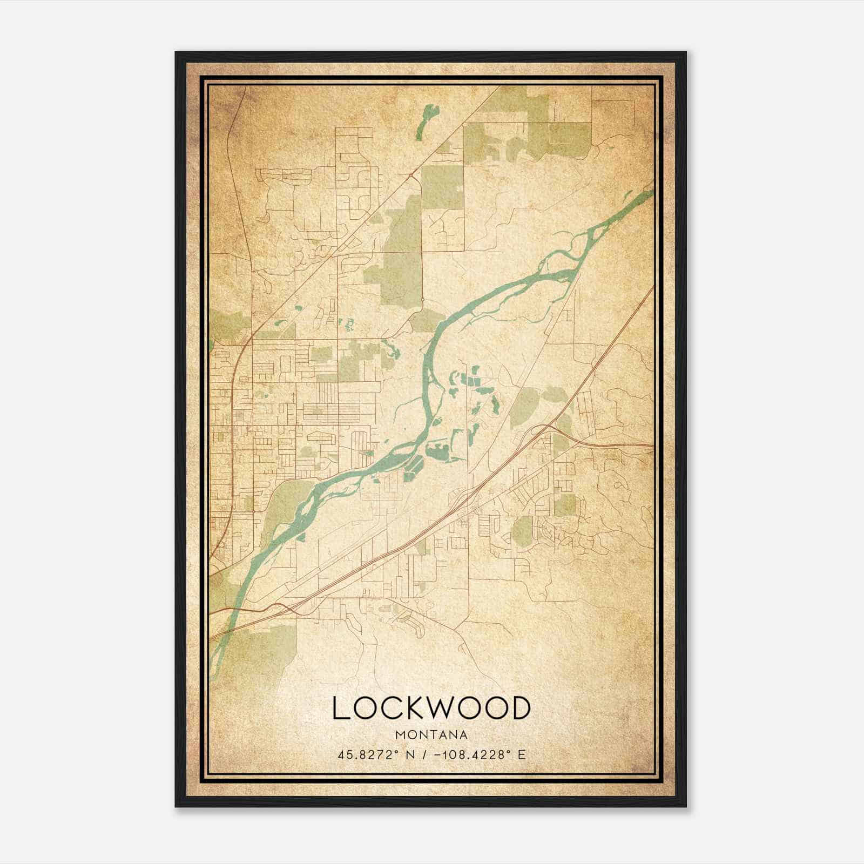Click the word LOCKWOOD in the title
(431, 708)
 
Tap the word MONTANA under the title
(431, 735)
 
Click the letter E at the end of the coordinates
(521, 755)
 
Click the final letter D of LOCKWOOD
(519, 708)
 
